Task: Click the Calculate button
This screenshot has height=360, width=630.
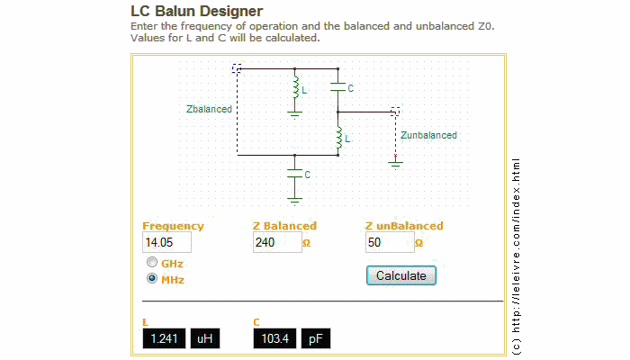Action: [400, 275]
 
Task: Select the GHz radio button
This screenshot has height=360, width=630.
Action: [152, 263]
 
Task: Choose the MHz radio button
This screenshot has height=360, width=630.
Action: [152, 279]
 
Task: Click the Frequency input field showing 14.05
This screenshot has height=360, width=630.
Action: [166, 243]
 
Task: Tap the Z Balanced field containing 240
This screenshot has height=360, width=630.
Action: [276, 243]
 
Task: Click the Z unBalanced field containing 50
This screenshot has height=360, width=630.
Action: [389, 243]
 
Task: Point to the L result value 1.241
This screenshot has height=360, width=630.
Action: [163, 339]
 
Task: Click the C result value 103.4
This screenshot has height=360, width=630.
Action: [274, 339]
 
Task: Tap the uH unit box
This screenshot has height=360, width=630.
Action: [203, 339]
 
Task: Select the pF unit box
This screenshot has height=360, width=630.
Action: [315, 339]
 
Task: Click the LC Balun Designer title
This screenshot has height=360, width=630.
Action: [197, 12]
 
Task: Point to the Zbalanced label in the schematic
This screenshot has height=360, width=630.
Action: [209, 109]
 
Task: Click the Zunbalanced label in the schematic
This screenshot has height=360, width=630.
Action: [429, 135]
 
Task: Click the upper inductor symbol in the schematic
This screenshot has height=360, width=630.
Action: [295, 88]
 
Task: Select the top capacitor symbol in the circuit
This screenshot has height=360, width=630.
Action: [337, 87]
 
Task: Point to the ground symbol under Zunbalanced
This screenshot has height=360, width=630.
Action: [395, 163]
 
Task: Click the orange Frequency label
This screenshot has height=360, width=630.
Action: [173, 226]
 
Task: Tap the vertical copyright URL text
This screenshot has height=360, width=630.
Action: [516, 256]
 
